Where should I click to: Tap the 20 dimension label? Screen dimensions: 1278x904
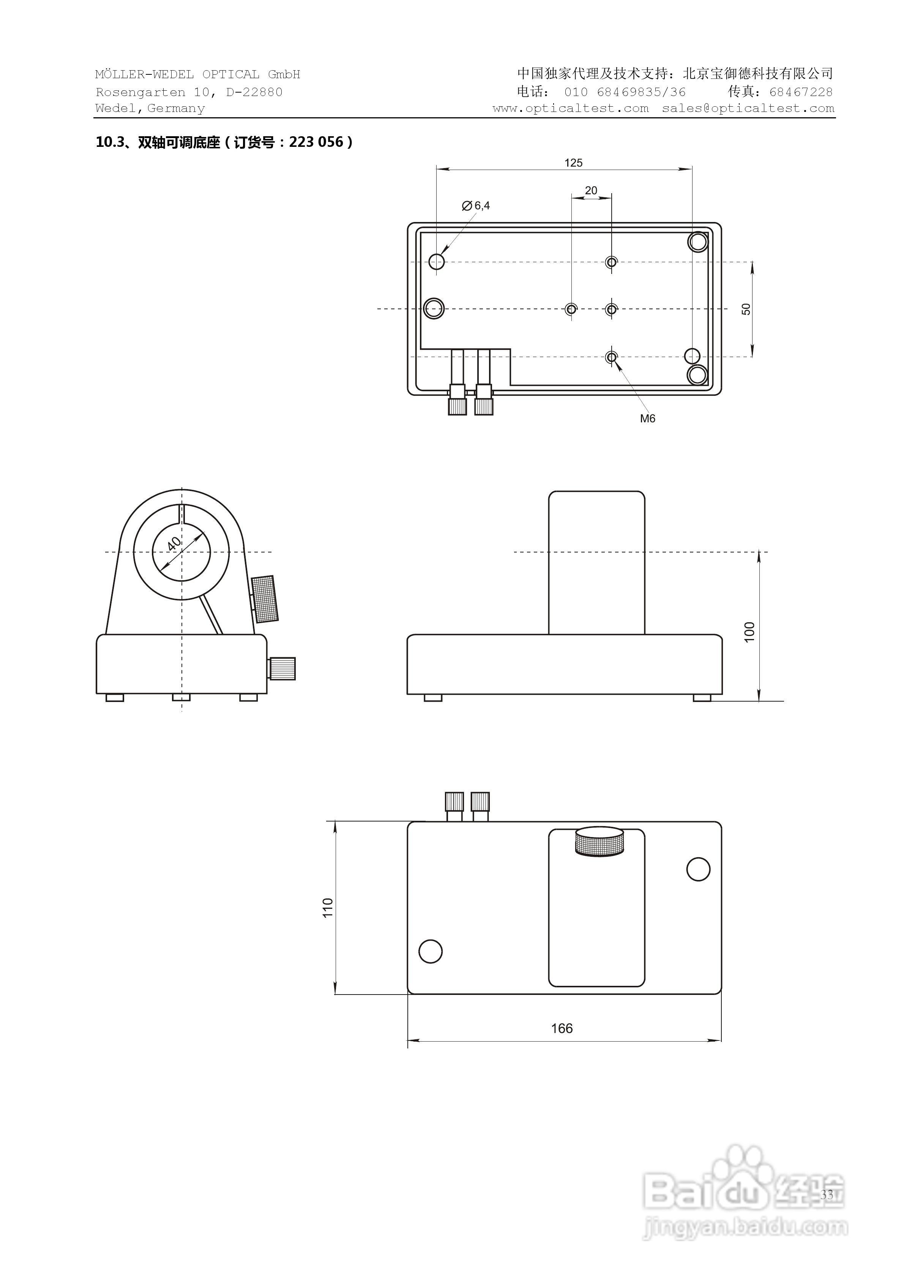(x=591, y=191)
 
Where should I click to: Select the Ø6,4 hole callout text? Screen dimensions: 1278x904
(x=476, y=206)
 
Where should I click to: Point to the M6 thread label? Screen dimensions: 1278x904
(x=647, y=419)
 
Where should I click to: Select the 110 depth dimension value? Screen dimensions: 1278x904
(x=328, y=907)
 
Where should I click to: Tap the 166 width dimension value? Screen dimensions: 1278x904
(x=562, y=1028)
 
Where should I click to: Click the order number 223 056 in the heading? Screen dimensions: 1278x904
(x=316, y=143)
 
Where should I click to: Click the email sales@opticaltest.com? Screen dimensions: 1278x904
(x=748, y=109)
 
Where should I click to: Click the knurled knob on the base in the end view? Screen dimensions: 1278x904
(x=282, y=669)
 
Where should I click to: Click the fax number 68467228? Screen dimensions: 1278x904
(x=801, y=92)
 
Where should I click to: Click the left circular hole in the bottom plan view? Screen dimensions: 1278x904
(x=430, y=951)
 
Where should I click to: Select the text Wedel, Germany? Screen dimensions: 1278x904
(x=150, y=109)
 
